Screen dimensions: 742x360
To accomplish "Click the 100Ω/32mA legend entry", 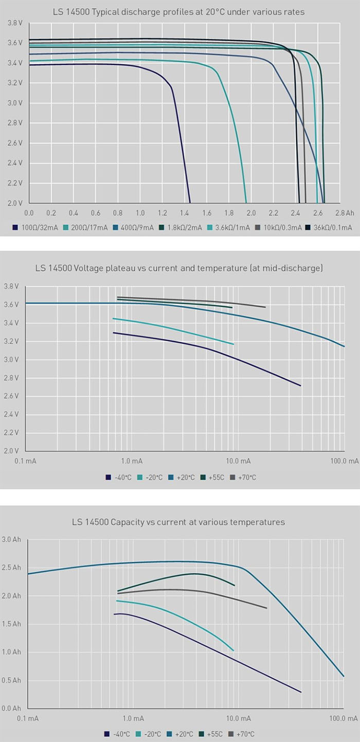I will pos(35,227).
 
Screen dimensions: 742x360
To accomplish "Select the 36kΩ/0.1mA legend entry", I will pos(329,227).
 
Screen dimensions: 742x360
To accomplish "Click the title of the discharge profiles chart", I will pos(178,12).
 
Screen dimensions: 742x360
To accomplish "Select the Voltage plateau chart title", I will pos(178,268).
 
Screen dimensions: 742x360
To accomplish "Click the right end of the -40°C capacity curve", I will pos(301,692).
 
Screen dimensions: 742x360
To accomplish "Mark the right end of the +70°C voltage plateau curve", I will pos(265,307).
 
